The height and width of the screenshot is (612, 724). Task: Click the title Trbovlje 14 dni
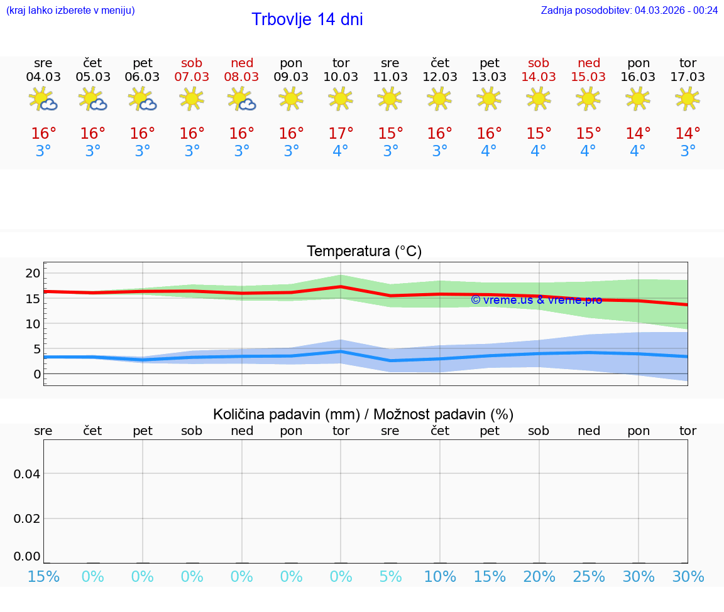tap(307, 19)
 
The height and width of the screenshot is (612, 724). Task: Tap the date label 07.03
tap(192, 77)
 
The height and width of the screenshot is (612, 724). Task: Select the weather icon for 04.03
tap(43, 99)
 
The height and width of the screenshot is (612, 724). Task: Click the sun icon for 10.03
tap(341, 99)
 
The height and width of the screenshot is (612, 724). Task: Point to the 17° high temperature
tap(341, 134)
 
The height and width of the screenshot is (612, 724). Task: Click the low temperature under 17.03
tap(688, 151)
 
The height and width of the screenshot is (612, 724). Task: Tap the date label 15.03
tap(588, 77)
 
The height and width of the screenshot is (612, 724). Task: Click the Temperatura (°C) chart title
tap(364, 252)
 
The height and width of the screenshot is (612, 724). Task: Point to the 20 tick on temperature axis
tap(33, 273)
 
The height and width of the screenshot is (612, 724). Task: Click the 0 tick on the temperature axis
tap(36, 375)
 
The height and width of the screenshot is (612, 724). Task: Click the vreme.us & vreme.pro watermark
tap(536, 300)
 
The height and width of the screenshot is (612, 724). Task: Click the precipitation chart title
tap(363, 414)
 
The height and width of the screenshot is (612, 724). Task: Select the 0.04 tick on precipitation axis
tap(27, 474)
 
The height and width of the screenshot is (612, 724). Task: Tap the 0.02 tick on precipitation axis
tap(27, 518)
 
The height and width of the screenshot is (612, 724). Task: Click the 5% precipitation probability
tap(390, 577)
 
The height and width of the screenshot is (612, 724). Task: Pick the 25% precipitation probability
tap(588, 577)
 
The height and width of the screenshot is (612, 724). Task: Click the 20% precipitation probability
tap(539, 577)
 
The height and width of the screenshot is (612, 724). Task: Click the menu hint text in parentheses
tap(70, 10)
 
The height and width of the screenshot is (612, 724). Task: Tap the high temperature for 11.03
tap(390, 134)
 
